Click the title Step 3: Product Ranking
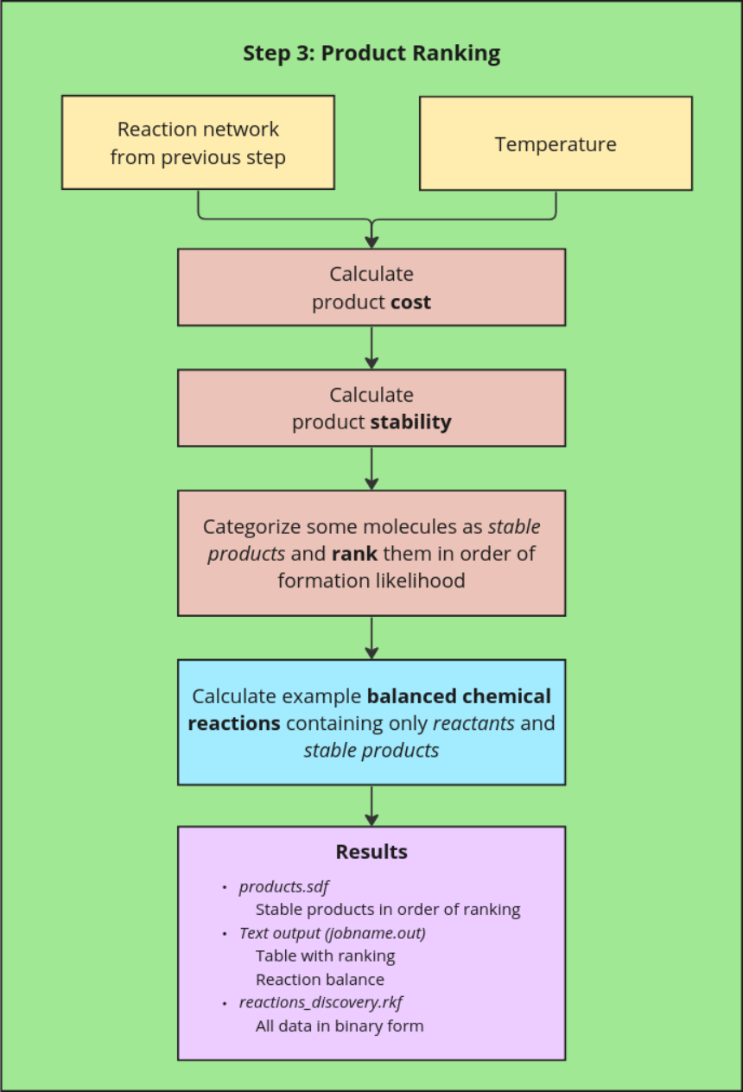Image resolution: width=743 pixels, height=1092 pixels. (371, 54)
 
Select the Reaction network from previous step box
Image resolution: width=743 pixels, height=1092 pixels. (198, 143)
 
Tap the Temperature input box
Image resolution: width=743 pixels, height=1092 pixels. (556, 143)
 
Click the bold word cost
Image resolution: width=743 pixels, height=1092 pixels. (410, 302)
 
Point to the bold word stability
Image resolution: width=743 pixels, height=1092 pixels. (410, 422)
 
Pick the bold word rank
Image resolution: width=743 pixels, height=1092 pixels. (354, 553)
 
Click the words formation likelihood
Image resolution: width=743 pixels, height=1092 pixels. (371, 581)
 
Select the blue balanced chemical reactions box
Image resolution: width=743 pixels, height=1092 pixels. (371, 722)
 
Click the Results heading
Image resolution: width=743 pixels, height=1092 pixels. (371, 852)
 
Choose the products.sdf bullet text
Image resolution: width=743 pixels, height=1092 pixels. (284, 886)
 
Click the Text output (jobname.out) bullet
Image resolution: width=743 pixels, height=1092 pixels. (333, 933)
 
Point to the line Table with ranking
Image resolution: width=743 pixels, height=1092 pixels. (326, 956)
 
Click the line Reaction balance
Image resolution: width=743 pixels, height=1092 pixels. (320, 980)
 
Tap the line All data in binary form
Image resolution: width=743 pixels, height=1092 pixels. (340, 1026)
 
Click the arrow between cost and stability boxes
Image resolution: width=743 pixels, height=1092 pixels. (371, 347)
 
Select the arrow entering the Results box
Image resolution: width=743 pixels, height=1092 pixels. (371, 805)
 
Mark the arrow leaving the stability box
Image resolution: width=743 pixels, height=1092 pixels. (371, 468)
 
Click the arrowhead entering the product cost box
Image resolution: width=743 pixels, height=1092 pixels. (371, 242)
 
